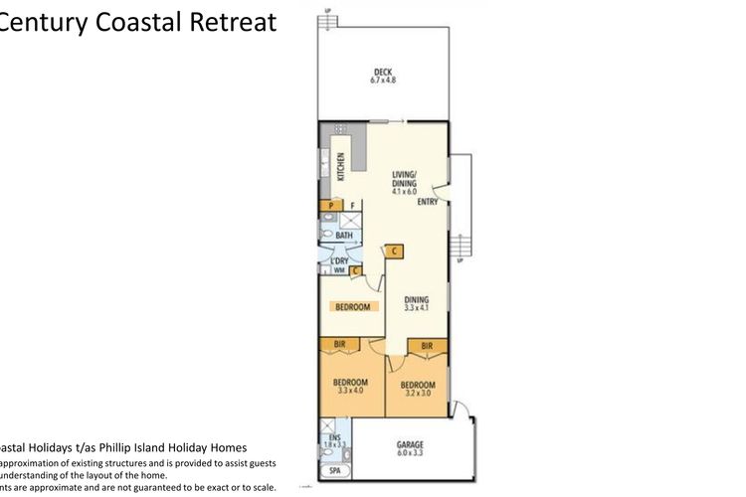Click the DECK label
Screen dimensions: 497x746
pyautogui.click(x=383, y=71)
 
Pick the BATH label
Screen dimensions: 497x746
pyautogui.click(x=344, y=236)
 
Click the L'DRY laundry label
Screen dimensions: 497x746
pyautogui.click(x=338, y=260)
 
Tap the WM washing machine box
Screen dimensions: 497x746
pyautogui.click(x=338, y=270)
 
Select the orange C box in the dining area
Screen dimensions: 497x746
pyautogui.click(x=394, y=251)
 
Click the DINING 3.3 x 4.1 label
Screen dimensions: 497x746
pyautogui.click(x=416, y=303)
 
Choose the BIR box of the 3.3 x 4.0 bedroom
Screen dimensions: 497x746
pyautogui.click(x=338, y=346)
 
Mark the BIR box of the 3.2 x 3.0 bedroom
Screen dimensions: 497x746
pyautogui.click(x=427, y=346)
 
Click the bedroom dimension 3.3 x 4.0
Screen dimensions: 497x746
pyautogui.click(x=350, y=391)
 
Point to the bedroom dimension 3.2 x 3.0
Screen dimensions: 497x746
pyautogui.click(x=418, y=393)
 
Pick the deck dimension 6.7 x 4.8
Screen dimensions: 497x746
pyautogui.click(x=383, y=80)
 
